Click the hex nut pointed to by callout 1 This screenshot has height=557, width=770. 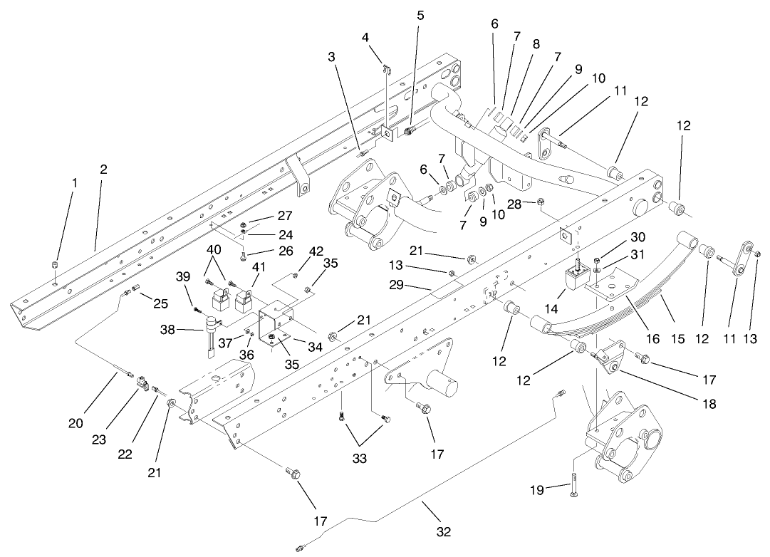coord(55,266)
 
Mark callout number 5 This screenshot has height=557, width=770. coord(420,14)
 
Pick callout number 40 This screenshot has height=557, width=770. coord(214,250)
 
